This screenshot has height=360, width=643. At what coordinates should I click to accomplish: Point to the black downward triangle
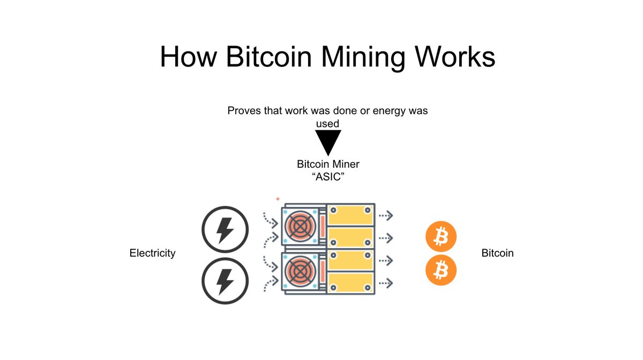pos(327,142)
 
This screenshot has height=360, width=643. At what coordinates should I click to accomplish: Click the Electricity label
pos(153,253)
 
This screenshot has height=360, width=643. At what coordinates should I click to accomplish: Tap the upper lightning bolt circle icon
pos(225,230)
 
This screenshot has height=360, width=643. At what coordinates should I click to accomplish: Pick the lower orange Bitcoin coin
pos(440,270)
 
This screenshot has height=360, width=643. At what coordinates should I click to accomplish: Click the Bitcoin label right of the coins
pos(497,253)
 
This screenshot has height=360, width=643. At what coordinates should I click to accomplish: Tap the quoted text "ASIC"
pos(327,177)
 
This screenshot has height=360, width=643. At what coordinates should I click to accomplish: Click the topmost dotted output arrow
pos(385,215)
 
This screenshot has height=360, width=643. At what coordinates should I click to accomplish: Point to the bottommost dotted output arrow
pos(385,281)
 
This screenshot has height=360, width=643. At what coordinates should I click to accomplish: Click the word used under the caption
pos(327,124)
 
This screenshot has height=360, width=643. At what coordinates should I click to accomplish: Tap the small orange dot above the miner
pos(277,199)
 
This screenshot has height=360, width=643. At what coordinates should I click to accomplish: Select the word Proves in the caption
pos(244,111)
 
